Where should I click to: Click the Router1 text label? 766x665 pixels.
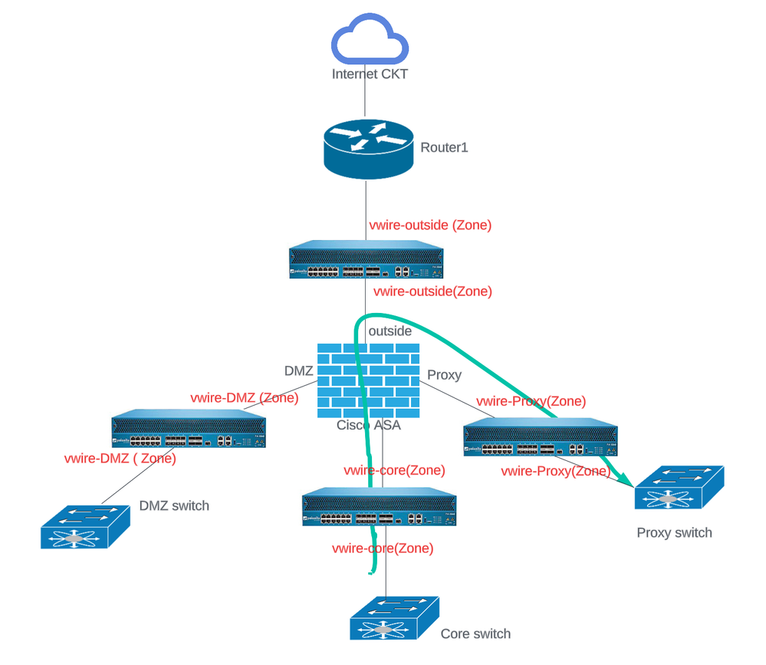[443, 147]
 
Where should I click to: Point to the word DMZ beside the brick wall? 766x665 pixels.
[299, 371]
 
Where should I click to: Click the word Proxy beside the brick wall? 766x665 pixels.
[444, 375]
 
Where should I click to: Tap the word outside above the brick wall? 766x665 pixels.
[390, 331]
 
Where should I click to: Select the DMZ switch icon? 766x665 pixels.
[85, 526]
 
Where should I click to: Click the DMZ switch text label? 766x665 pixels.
[174, 505]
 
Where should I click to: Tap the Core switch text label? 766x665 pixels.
[475, 634]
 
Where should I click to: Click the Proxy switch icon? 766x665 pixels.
[679, 488]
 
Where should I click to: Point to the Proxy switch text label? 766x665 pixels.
[674, 532]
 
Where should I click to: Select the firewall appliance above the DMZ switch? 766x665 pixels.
[189, 433]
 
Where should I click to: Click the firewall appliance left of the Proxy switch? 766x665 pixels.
[541, 441]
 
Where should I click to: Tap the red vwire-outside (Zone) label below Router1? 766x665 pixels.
[430, 226]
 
